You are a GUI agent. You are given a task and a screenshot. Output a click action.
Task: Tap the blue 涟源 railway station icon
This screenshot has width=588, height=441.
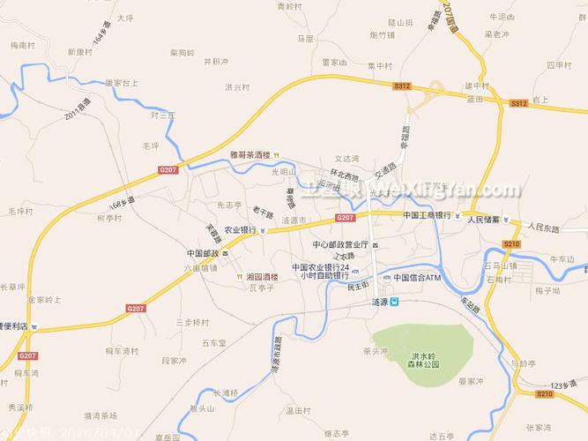point(395,302)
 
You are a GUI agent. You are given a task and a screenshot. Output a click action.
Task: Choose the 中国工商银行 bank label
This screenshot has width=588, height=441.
point(426,215)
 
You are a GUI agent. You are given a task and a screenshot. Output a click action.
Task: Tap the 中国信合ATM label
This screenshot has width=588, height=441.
point(416,277)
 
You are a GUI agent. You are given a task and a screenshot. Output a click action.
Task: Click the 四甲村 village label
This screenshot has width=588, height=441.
point(559,64)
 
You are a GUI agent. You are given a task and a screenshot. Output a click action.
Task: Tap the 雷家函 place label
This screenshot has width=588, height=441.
point(335,62)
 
